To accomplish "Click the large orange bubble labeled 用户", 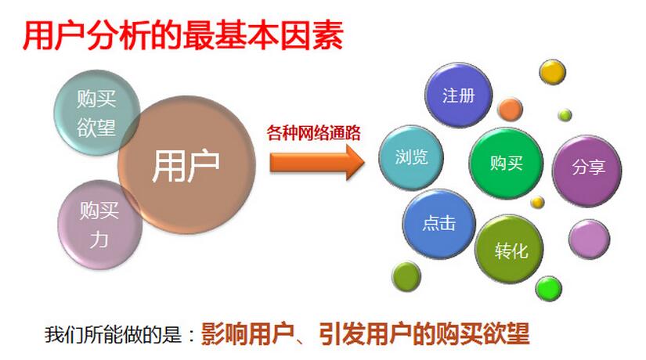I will click(x=186, y=165).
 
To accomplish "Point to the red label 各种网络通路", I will click(x=313, y=132).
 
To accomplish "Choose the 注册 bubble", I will click(x=458, y=96).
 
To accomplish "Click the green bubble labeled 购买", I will click(x=505, y=163).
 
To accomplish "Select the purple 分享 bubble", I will click(x=588, y=168).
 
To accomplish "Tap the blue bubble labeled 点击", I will click(x=438, y=223).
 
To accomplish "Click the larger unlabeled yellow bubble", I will click(x=553, y=72).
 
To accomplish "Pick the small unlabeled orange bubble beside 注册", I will click(x=511, y=109).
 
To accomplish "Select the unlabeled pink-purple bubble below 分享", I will click(x=589, y=239).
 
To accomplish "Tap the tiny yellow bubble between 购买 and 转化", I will click(x=537, y=203).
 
